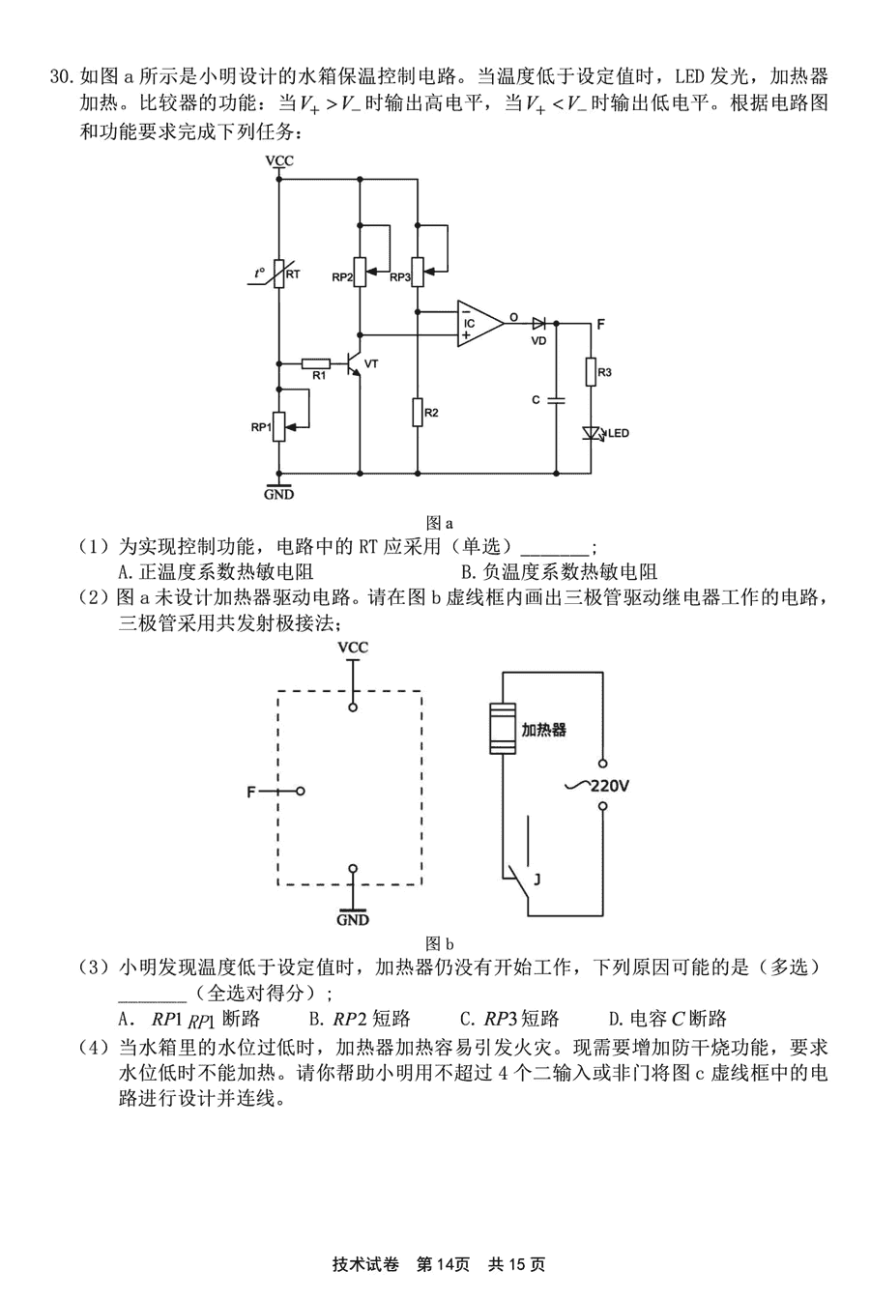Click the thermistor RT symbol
[x=278, y=274]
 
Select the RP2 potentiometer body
[x=360, y=272]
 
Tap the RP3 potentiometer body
[x=418, y=272]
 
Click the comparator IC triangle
[x=480, y=324]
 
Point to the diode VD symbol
[x=539, y=324]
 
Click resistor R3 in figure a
[x=591, y=372]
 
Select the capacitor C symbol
[x=556, y=400]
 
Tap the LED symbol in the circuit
[x=592, y=433]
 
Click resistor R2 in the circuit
[x=418, y=413]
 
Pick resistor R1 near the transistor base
[x=316, y=363]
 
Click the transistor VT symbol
[x=354, y=363]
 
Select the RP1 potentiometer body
[x=279, y=427]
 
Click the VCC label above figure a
[x=279, y=160]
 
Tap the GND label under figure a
[x=279, y=495]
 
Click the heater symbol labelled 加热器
[x=503, y=729]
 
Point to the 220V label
[x=609, y=787]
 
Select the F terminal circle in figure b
[x=301, y=791]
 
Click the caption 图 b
[x=439, y=944]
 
